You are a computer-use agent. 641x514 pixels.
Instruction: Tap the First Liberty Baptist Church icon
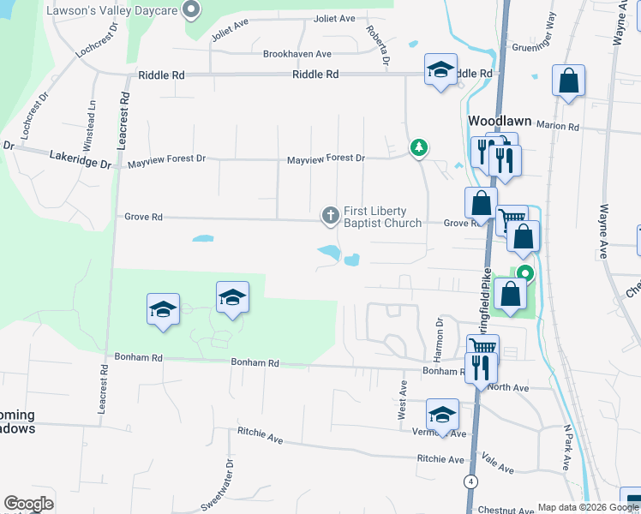(331, 217)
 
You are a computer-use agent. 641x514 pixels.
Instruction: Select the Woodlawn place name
(500, 121)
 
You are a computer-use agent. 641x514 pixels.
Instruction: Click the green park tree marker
(419, 148)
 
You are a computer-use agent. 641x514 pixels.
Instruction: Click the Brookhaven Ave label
(297, 53)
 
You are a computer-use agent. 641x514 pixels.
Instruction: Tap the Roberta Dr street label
(378, 45)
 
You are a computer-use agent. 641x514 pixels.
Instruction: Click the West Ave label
(402, 400)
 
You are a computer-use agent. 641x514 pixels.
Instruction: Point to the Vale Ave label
(497, 463)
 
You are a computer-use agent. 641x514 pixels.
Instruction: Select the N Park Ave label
(566, 448)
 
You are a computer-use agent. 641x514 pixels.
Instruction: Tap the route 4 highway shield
(470, 481)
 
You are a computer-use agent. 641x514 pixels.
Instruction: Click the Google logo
(28, 504)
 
